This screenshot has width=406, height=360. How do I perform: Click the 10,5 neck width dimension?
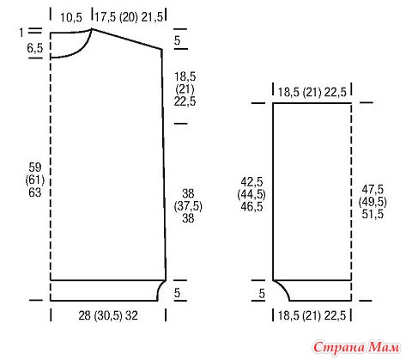(71, 18)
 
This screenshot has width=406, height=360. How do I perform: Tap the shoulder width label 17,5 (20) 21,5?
(129, 17)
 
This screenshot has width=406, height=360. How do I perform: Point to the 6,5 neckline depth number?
(35, 48)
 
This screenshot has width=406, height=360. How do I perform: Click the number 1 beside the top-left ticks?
(21, 33)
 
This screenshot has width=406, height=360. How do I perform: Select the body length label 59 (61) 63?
(35, 180)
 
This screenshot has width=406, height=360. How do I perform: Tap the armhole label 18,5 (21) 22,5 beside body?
(185, 89)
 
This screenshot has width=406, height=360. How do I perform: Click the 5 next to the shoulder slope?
(178, 40)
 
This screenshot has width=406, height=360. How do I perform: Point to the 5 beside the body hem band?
(178, 293)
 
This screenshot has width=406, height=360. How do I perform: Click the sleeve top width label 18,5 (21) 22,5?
(312, 92)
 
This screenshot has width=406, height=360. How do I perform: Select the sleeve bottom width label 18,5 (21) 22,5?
(312, 315)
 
